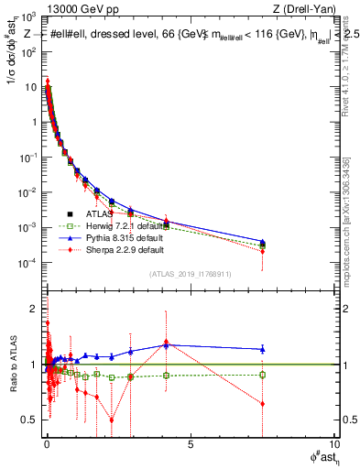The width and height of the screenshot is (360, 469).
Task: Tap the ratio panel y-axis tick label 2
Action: tap(34, 307)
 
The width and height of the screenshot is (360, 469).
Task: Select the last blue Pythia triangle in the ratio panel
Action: tap(263, 348)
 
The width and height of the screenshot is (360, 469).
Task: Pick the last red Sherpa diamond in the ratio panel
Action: tap(263, 403)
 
